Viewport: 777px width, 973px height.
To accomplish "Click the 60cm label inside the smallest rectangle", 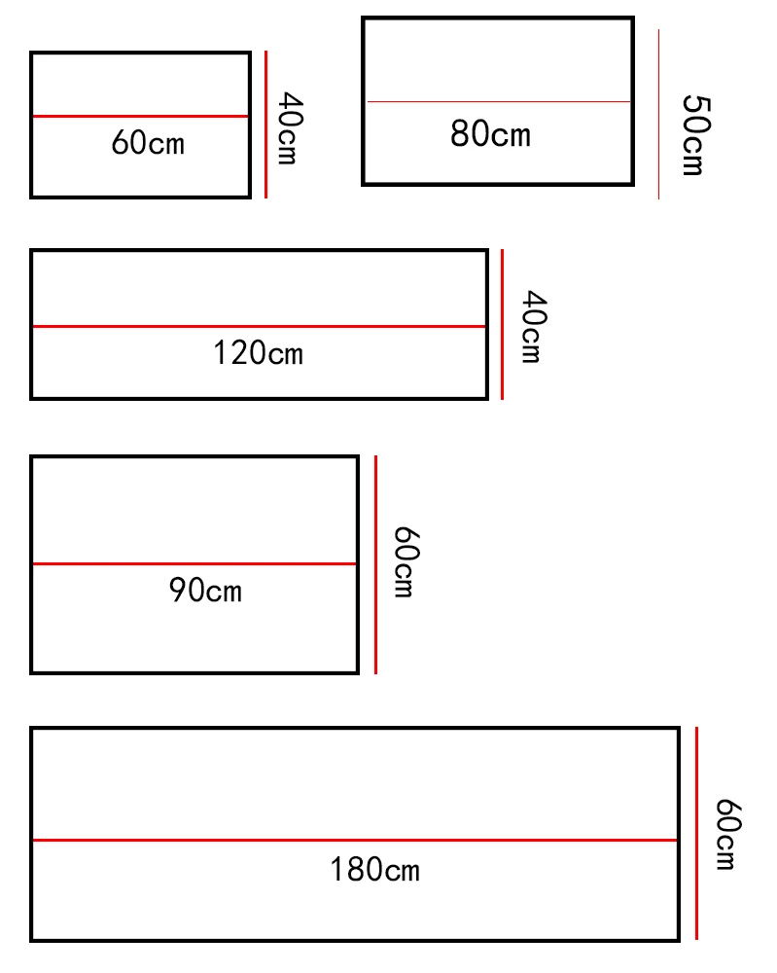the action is pos(148,143).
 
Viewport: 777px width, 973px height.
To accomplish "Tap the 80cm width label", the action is pos(490,133).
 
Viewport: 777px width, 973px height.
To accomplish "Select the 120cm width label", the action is pos(258,352).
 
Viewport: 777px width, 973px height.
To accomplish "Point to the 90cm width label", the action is pos(205,590).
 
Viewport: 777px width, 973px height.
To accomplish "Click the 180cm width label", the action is pos(374,868).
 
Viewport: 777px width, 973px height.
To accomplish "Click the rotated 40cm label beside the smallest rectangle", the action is pos(288,127).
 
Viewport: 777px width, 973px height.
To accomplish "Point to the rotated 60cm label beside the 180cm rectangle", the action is pos(726,835).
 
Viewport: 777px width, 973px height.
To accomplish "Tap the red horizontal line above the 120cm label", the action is pos(259,326).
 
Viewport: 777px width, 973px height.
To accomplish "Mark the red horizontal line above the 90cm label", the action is pos(194,563).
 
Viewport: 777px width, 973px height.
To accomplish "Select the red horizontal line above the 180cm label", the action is pos(355,840).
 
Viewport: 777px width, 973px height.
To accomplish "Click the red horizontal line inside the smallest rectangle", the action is pos(141,117).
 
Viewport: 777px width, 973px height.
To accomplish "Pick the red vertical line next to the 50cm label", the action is pos(658,115).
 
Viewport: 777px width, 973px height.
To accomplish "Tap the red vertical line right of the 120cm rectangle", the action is pos(502,324).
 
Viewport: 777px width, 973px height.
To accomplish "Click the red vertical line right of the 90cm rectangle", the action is pos(375,564).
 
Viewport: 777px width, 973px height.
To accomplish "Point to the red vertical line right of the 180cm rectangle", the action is pos(696,833).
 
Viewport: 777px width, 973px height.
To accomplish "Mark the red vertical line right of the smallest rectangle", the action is pos(265,125).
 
